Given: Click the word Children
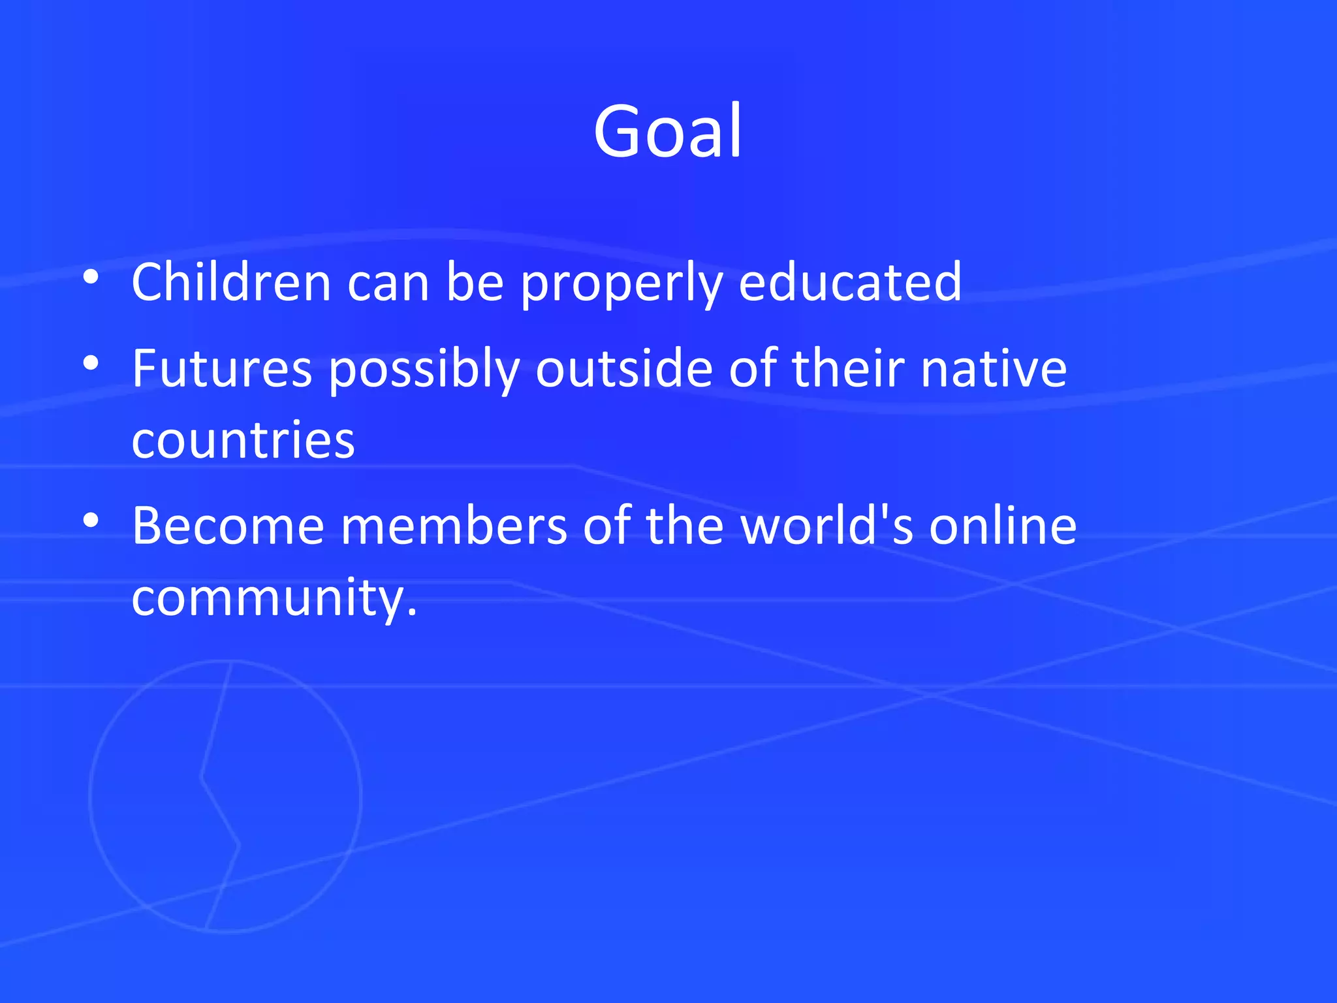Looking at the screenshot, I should point(232,282).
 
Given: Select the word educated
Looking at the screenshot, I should point(850,282).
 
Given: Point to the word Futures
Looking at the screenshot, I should point(222,369).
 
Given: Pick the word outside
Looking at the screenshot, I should point(624,368).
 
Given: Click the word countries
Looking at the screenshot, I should point(243,440).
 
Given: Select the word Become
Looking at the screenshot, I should point(228,526).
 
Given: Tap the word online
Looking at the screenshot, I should point(1003,526).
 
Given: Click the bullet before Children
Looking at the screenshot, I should point(91,278).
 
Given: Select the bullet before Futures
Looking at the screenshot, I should point(91,363).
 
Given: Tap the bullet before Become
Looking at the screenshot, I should point(91,520).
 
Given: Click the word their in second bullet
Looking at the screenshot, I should point(848,368).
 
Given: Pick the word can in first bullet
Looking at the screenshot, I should point(388,283).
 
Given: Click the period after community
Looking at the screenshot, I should point(411,613).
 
